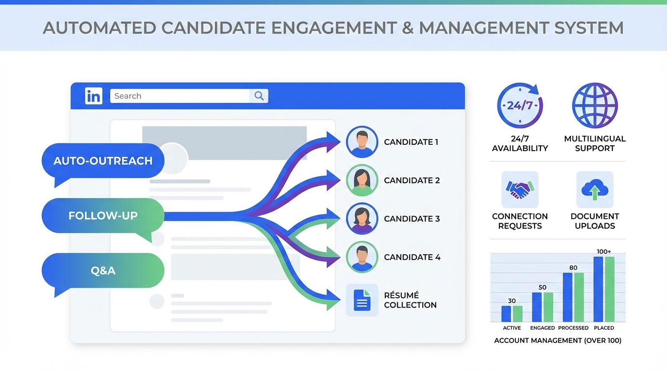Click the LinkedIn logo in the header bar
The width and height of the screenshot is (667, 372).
94,96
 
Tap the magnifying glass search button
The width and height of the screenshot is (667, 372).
259,96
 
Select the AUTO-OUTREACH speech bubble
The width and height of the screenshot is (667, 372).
103,161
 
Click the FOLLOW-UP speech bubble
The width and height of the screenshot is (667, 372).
103,216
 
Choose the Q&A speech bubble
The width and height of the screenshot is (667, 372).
103,270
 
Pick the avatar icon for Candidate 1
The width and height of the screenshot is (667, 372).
362,142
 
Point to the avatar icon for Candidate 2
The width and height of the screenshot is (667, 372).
362,180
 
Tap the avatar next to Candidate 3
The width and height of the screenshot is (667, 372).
362,218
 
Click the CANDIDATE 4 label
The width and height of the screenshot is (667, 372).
412,257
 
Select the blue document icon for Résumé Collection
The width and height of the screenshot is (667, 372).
362,300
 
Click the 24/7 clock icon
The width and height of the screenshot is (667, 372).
520,106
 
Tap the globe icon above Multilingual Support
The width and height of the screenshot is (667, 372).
595,106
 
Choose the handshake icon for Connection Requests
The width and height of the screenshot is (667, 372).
520,189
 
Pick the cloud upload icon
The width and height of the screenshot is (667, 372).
595,189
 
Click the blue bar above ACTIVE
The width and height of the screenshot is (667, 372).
506,314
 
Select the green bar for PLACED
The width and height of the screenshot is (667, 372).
610,289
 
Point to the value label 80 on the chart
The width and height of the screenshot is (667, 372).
573,267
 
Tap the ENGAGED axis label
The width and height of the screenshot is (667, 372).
542,328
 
